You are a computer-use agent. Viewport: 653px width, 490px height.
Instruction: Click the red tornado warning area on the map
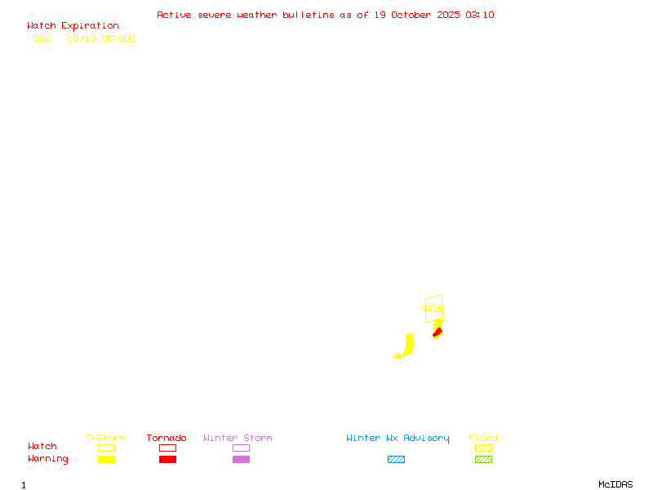point(438,332)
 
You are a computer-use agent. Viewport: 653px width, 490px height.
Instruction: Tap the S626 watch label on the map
point(433,310)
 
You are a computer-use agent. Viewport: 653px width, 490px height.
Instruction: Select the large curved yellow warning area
point(408,344)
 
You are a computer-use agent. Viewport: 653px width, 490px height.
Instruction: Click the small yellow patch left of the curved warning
point(398,356)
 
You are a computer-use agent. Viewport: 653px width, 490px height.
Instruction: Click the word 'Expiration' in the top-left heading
point(90,26)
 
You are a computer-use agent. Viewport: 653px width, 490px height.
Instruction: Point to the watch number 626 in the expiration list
point(42,38)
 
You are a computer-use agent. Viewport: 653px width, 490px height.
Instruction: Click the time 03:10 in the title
point(480,15)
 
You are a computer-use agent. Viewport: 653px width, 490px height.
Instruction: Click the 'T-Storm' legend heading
point(105,439)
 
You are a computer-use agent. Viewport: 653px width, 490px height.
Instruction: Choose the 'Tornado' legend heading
point(167,439)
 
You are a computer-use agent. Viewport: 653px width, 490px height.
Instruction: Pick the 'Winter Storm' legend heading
point(238,439)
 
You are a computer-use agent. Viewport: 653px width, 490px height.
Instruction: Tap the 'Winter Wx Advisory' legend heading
point(398,439)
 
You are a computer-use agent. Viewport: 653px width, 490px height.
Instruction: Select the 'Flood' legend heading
point(483,439)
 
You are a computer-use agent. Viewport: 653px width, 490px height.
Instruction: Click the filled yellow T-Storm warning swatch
point(106,460)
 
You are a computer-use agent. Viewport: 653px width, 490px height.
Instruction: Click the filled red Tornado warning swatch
point(167,460)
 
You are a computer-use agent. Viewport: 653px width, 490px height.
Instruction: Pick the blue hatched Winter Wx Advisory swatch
point(396,460)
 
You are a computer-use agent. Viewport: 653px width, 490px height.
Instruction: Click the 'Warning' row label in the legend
point(48,459)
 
